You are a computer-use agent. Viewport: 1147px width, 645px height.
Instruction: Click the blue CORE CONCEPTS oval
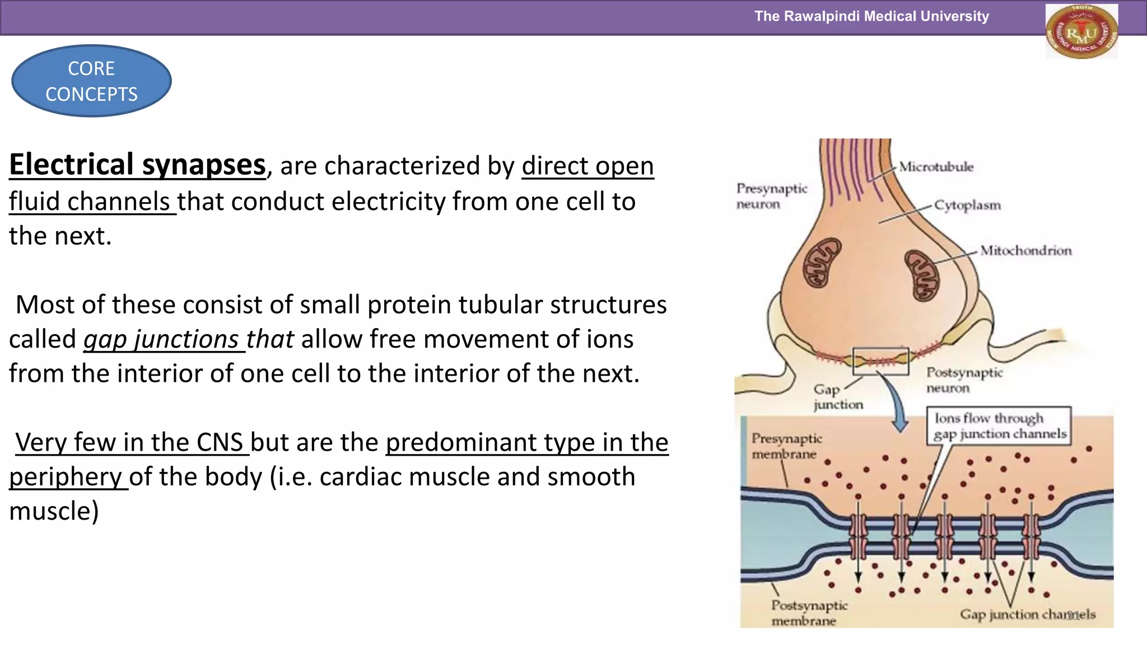pos(91,81)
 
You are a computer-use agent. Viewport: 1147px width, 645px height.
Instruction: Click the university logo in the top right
pos(1081,31)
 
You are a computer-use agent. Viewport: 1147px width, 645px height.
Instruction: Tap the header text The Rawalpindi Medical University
pos(871,16)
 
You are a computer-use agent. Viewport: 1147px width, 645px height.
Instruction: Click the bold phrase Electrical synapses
pos(137,165)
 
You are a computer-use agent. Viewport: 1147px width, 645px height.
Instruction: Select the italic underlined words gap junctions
pos(162,339)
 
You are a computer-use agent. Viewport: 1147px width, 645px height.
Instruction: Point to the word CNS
pos(220,442)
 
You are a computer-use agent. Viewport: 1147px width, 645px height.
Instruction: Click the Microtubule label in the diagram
pos(936,167)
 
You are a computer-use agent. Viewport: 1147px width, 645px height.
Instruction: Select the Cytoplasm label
pos(967,205)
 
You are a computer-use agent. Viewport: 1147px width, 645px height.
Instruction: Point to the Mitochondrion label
pos(1025,250)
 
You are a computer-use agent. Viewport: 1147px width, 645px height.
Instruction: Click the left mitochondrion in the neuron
pos(822,263)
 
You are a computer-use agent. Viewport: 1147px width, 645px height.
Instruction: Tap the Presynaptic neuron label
pos(771,196)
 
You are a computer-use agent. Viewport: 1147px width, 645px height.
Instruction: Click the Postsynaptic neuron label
pos(964,380)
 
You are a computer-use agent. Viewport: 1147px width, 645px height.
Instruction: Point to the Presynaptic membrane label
pos(786,446)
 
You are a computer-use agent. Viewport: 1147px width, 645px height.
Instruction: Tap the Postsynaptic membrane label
pos(809,613)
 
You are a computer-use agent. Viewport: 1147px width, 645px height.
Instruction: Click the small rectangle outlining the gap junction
pos(880,361)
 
